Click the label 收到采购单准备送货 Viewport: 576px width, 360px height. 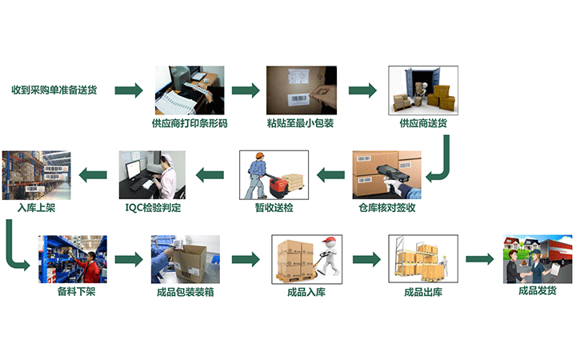pos(54,90)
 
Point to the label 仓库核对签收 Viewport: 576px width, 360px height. pos(388,208)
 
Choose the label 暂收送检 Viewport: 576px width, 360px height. pos(274,208)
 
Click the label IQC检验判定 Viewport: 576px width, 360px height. pos(154,208)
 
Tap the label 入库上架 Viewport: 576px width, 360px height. pos(37,208)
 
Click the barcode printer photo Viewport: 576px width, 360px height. pos(189,89)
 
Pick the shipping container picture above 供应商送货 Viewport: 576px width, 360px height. pos(422,89)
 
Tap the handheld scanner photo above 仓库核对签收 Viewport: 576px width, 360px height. pos(386,174)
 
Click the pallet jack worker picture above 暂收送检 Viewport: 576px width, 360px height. pos(274,174)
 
